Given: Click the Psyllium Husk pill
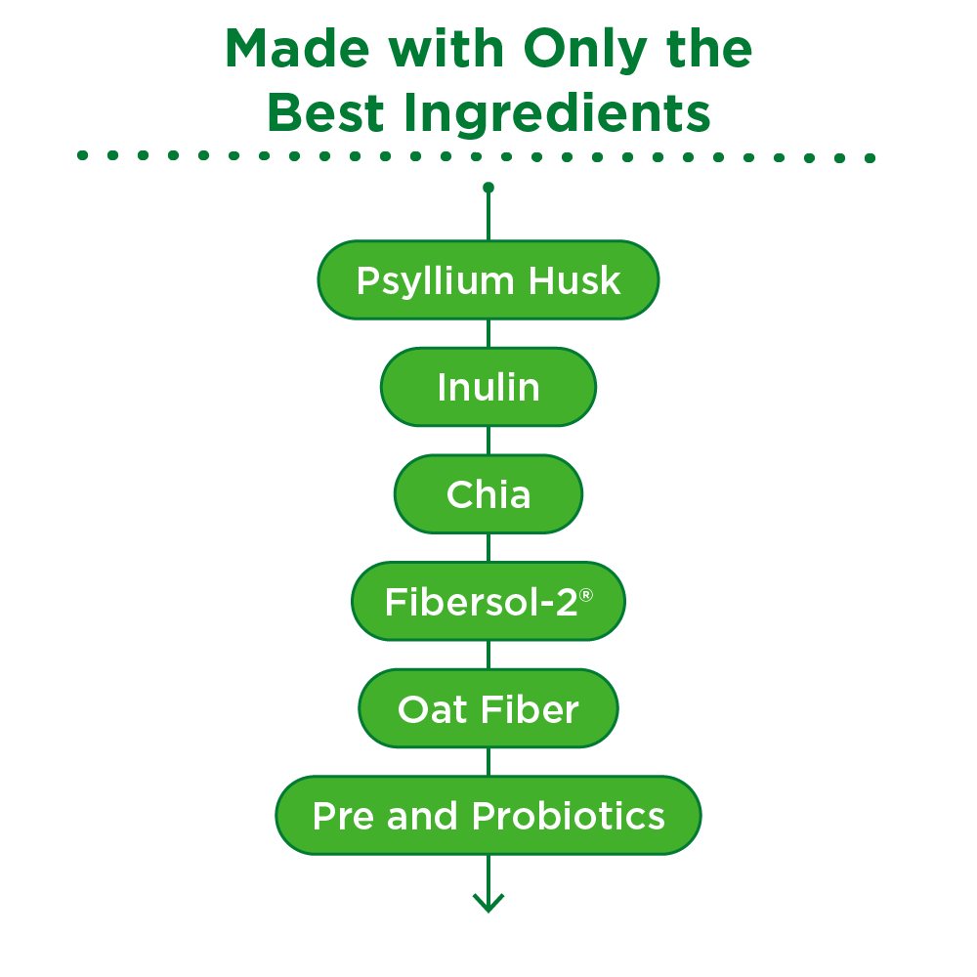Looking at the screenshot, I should pos(488,280).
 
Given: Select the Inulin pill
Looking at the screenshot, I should pos(488,387).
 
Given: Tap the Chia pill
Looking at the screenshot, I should pos(488,494).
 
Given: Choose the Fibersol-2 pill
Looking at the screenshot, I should pos(488,601).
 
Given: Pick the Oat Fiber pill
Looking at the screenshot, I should pos(488,708).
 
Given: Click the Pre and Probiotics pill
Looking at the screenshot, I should pos(488,816).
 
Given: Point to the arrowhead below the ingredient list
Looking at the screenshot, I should pos(488,902).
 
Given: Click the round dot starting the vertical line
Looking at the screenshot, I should pos(488,187).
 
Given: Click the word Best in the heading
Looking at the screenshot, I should pos(322,114).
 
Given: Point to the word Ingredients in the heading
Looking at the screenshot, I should pos(551,114).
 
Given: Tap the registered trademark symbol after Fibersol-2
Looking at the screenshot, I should pos(586,593).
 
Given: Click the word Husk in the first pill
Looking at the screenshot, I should pos(574,280).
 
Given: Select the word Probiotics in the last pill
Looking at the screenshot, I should pos(570,816).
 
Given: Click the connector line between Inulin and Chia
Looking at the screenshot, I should pos(488,441).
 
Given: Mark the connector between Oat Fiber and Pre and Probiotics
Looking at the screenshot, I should pos(488,762).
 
